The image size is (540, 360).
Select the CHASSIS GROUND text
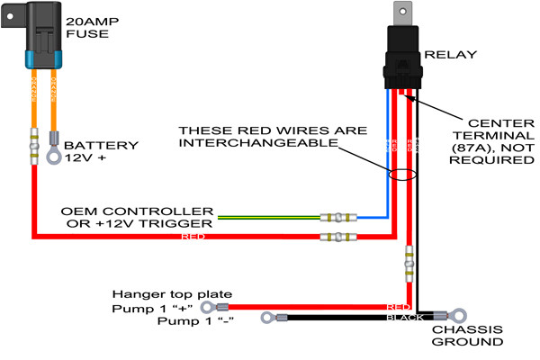click(473, 335)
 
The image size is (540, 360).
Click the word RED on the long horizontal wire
click(193, 238)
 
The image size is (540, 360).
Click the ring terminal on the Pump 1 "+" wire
click(219, 306)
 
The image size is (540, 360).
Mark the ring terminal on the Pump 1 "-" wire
click(266, 318)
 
